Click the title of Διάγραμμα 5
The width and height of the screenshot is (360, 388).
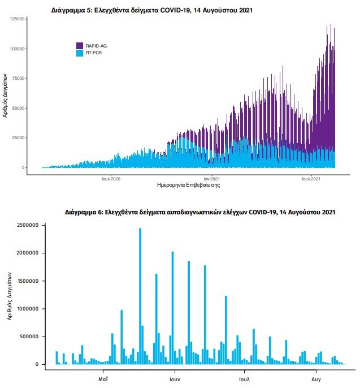pyautogui.click(x=151, y=10)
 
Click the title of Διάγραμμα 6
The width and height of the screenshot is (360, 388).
pyautogui.click(x=201, y=212)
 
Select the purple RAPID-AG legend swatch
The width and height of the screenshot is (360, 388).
pyautogui.click(x=80, y=45)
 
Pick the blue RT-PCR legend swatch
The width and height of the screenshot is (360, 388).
pyautogui.click(x=80, y=53)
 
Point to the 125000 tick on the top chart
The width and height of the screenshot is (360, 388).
pyautogui.click(x=18, y=19)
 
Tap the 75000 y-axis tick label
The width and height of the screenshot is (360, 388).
pyautogui.click(x=19, y=79)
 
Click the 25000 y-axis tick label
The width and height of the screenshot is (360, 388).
pyautogui.click(x=19, y=138)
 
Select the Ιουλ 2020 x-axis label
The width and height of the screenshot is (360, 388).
pyautogui.click(x=111, y=179)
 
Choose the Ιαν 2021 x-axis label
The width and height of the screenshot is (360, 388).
pyautogui.click(x=210, y=179)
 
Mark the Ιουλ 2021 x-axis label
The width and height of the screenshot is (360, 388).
pyautogui.click(x=311, y=179)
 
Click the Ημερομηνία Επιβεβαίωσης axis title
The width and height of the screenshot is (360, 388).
pyautogui.click(x=188, y=186)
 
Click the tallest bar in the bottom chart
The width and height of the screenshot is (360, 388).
pyautogui.click(x=140, y=294)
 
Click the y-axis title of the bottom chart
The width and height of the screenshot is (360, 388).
pyautogui.click(x=10, y=295)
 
